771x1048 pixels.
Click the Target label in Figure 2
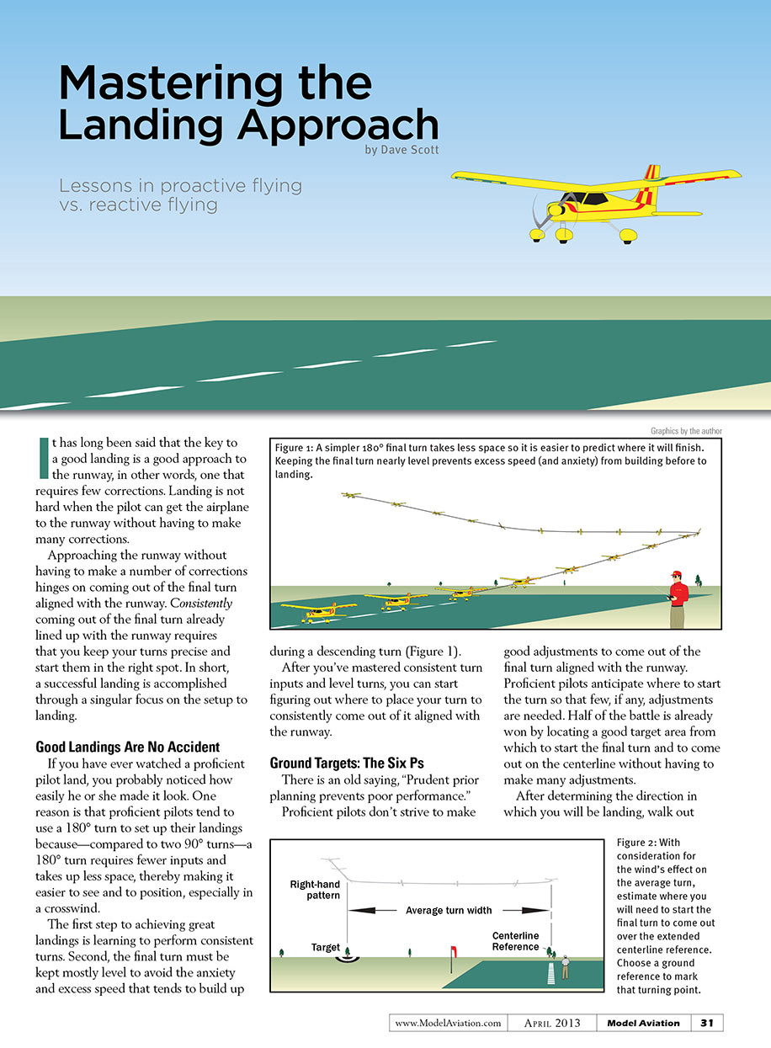326,947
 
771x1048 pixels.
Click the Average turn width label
449,910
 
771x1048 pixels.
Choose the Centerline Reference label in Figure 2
515,941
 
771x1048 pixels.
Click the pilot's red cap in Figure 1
675,574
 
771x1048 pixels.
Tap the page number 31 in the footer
707,1023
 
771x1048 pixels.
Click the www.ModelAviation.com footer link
448,1023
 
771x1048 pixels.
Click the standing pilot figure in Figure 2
566,965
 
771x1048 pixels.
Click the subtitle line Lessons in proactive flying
180,185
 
